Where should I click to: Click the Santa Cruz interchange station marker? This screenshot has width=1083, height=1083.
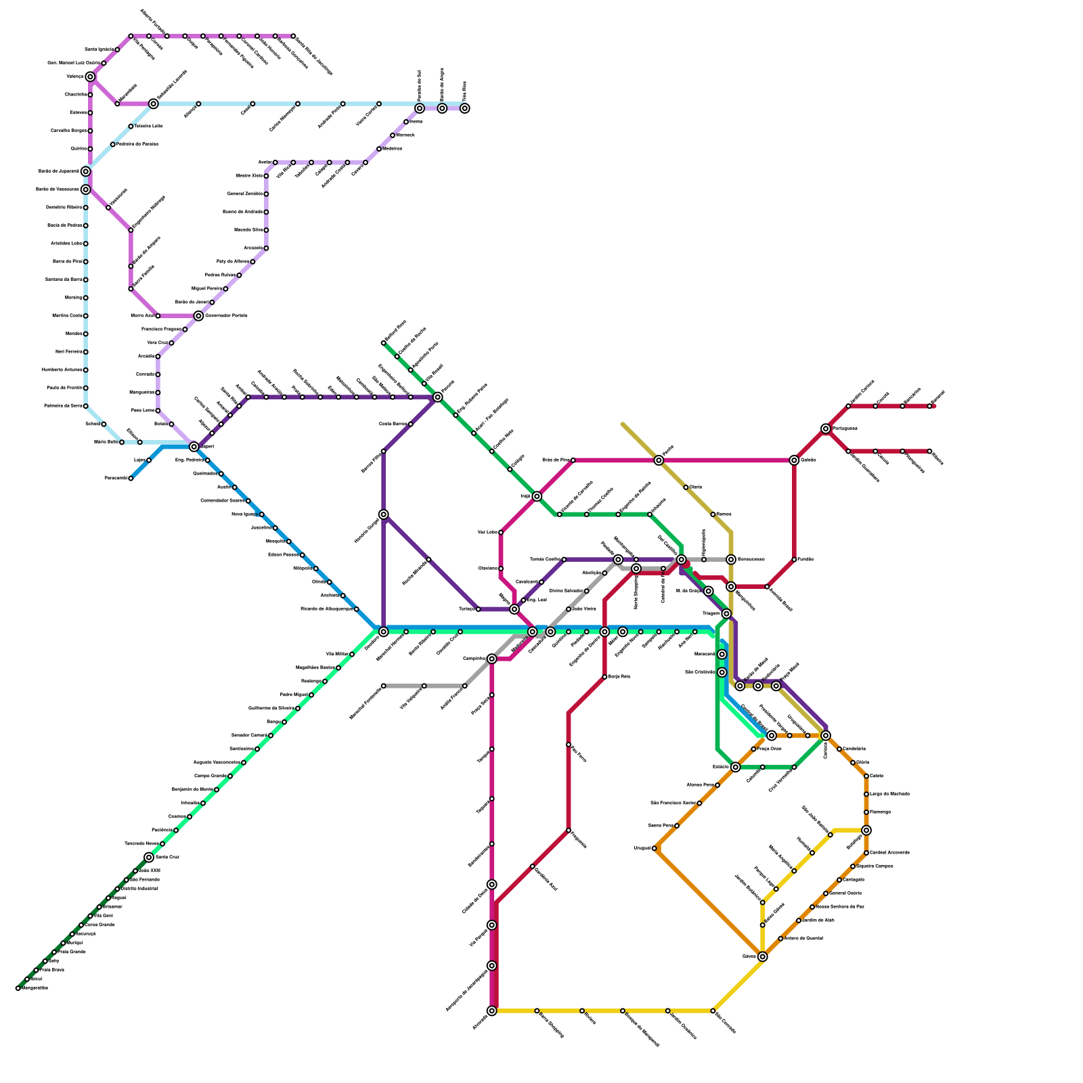pos(149,857)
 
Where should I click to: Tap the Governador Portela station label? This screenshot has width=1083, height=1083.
pos(225,315)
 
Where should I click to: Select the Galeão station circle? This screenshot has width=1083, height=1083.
pos(794,460)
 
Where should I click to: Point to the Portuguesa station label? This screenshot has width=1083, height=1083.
pos(845,428)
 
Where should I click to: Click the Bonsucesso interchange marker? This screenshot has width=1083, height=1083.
pos(731,559)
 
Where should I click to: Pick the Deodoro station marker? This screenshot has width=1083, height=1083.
pos(384,632)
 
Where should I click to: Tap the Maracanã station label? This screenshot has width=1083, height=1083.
pos(705,655)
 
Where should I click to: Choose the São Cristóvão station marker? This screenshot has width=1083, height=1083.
pos(722,672)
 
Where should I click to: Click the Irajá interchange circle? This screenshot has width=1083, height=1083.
pos(537,496)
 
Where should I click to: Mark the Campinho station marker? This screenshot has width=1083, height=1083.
pos(492,659)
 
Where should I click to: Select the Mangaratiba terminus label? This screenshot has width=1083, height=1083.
pos(35,988)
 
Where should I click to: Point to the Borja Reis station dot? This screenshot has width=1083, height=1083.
pos(604,677)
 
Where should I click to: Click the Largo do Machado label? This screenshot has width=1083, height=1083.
pos(889,794)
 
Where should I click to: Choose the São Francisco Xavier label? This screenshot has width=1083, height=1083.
pos(673,803)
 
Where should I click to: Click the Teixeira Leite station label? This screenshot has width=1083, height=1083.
pos(148,126)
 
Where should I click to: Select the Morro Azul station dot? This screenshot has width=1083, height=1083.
pos(158,315)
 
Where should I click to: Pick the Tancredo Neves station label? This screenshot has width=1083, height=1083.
pos(141,843)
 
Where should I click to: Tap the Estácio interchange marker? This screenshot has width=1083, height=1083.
pos(736,767)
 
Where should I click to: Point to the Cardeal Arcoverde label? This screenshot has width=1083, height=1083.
pos(889,853)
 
